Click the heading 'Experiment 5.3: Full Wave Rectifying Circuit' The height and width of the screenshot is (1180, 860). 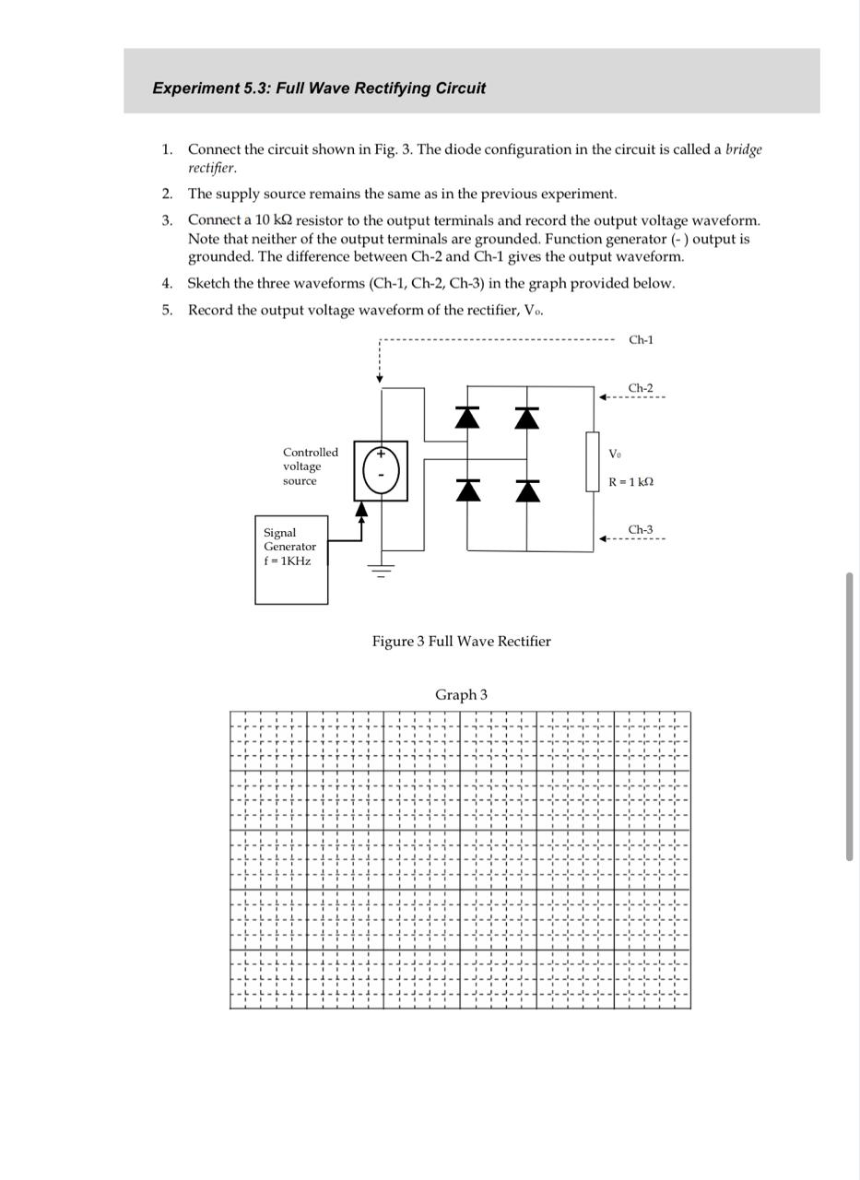tap(319, 88)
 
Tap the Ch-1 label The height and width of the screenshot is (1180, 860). tap(641, 340)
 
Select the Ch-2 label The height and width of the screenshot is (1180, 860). tap(641, 388)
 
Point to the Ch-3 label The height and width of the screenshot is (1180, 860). tap(641, 530)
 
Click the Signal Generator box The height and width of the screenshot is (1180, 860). tap(291, 560)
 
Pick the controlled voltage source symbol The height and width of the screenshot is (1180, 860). tap(381, 470)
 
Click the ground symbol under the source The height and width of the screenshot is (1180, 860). tap(381, 570)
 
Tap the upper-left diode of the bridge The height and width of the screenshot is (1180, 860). tap(467, 418)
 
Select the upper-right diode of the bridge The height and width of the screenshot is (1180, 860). tap(526, 418)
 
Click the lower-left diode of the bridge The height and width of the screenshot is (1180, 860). tap(467, 490)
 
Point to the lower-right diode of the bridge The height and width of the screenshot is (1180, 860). tap(526, 490)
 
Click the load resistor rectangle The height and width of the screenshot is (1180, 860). tap(592, 461)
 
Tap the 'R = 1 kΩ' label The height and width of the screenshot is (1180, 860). tap(630, 482)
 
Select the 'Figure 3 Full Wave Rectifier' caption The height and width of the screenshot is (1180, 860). tap(461, 642)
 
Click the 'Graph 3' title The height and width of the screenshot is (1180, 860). tap(461, 695)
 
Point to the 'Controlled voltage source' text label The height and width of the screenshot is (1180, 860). tap(310, 466)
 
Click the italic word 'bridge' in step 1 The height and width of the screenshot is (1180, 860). tap(743, 149)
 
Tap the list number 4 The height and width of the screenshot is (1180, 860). tap(167, 284)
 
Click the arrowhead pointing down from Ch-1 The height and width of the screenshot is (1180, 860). tap(380, 378)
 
